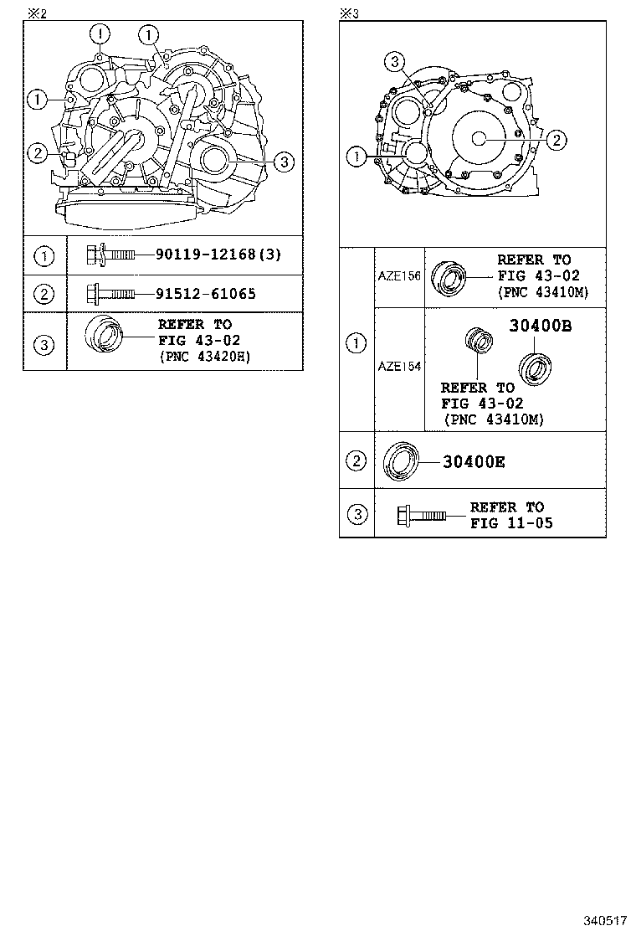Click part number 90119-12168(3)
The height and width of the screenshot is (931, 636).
(218, 255)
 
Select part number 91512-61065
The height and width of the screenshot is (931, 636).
(205, 293)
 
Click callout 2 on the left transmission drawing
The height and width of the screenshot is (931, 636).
(37, 152)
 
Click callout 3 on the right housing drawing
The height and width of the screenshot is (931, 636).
(396, 60)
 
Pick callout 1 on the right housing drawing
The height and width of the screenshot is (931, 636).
(356, 156)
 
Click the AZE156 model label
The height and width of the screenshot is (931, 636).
(399, 277)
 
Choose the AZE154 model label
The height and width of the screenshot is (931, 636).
(399, 366)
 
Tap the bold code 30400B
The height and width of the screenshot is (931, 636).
(540, 327)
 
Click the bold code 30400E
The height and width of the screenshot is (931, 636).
(474, 461)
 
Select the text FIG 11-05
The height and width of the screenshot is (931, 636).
(511, 523)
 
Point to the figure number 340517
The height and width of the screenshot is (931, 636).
(605, 920)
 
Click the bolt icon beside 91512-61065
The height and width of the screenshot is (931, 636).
(111, 293)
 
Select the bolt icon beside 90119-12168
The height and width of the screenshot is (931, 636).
(111, 255)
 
